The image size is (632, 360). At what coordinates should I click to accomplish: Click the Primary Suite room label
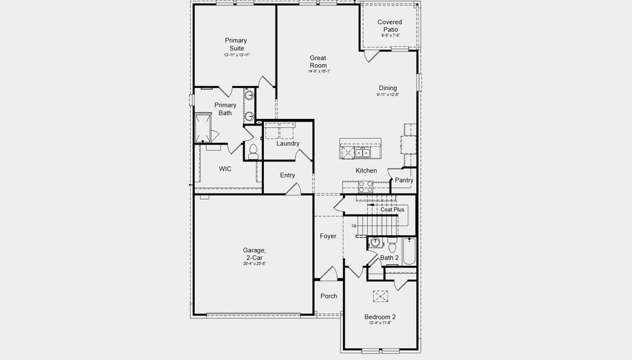[236, 44]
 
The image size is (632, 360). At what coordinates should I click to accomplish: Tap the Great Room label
[318, 62]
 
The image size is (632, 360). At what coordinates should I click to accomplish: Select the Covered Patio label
[390, 26]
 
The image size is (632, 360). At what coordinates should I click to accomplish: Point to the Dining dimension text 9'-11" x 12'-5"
[387, 95]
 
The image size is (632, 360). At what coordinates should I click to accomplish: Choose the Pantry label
[404, 180]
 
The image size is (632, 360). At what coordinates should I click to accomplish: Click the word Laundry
[288, 144]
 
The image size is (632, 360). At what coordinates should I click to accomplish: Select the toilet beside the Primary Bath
[252, 151]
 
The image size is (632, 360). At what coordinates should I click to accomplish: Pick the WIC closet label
[225, 169]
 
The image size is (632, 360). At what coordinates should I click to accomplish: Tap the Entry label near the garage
[287, 175]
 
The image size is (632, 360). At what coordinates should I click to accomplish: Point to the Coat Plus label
[392, 210]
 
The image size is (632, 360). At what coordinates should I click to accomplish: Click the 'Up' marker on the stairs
[354, 226]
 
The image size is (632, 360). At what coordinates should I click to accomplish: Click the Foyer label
[328, 236]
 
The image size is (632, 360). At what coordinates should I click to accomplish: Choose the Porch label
[329, 296]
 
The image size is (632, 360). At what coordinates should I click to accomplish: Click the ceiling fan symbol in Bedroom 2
[380, 295]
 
